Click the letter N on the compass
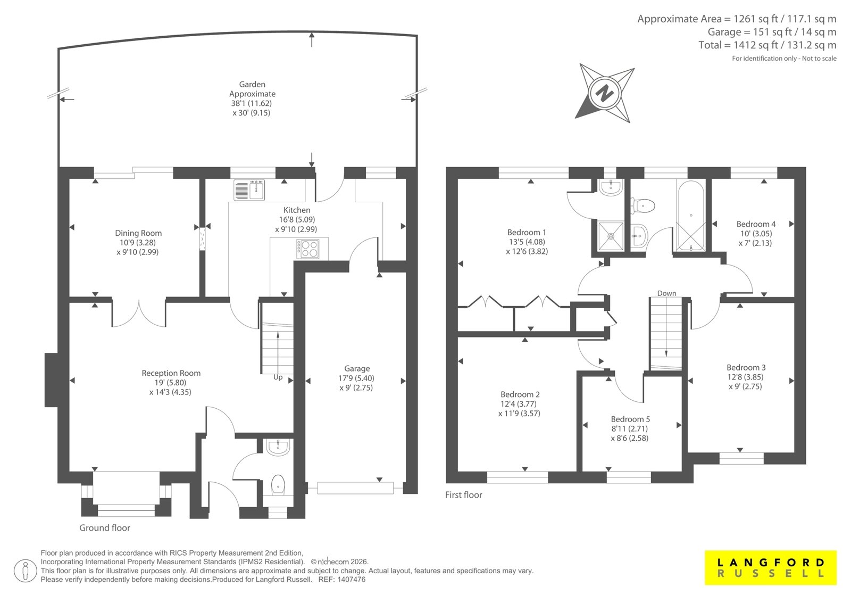(604, 93)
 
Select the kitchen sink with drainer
(249, 190)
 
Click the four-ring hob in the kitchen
(308, 249)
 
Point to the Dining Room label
(138, 233)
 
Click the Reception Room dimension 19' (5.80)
(171, 383)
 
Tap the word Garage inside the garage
(357, 368)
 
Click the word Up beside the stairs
(278, 377)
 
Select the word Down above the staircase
(667, 293)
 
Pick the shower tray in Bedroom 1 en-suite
(611, 236)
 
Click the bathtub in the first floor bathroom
(691, 216)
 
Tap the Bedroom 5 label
(630, 419)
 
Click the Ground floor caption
(104, 528)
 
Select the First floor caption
(463, 495)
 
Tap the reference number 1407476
(352, 580)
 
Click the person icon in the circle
(25, 571)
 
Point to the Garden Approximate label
(252, 89)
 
